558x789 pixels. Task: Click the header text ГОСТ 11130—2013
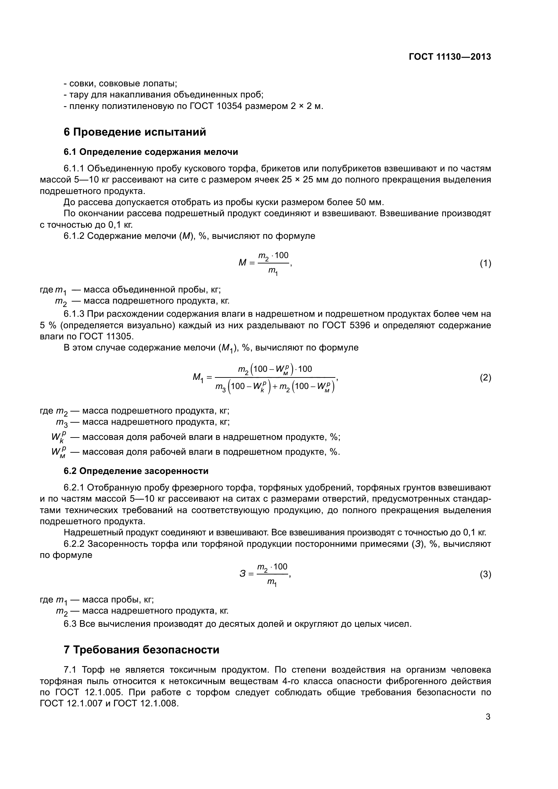click(450, 57)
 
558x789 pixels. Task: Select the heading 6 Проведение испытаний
click(135, 132)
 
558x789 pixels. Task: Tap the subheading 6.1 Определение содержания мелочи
click(150, 152)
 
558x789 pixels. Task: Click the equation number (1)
click(485, 263)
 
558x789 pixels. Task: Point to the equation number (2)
click(485, 378)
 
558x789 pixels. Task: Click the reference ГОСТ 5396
click(346, 325)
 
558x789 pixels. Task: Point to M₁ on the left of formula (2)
click(198, 378)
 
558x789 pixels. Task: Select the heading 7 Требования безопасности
click(141, 650)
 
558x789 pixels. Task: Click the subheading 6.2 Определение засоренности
click(136, 471)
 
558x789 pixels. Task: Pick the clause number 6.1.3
click(74, 314)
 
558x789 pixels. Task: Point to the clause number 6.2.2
click(74, 544)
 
